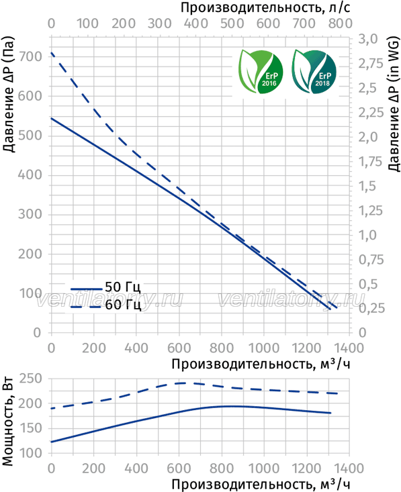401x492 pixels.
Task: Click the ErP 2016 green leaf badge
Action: point(261,72)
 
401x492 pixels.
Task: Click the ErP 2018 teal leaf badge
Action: point(314,72)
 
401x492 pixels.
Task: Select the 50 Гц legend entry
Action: point(106,287)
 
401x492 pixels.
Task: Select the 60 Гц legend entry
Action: point(106,305)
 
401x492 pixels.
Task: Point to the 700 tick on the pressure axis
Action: point(30,56)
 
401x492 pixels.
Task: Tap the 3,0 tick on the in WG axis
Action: point(368,39)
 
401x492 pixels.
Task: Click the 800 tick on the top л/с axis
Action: point(341,23)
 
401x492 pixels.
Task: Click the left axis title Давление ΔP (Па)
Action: point(9,95)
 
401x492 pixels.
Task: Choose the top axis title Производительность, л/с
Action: point(265,7)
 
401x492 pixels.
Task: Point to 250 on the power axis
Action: point(30,379)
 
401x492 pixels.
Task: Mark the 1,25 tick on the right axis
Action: point(371,210)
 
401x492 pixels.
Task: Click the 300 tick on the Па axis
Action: point(30,214)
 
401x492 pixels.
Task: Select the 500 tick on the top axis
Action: point(232,23)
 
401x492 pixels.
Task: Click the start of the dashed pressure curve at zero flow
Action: point(51,53)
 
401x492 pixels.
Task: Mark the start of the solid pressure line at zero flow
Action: point(51,118)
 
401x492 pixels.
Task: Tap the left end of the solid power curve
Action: point(51,442)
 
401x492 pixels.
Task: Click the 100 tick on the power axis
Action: point(30,453)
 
